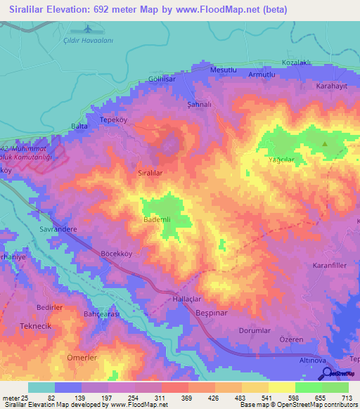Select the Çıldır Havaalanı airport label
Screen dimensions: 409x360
click(88, 39)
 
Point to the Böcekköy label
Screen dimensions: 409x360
click(117, 252)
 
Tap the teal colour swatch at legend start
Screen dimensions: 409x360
click(41, 387)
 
